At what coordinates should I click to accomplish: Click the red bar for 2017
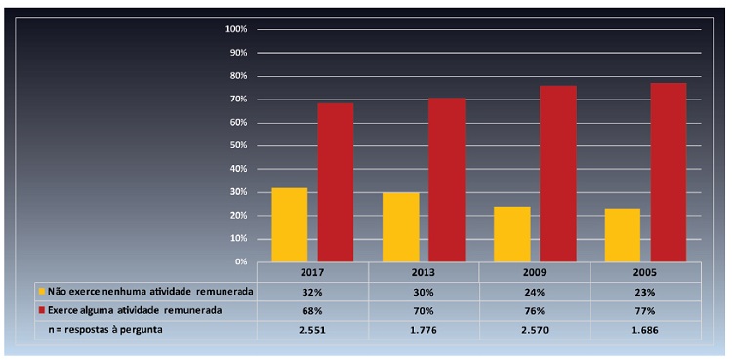click(x=336, y=182)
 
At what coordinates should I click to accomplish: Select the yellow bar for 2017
click(x=290, y=224)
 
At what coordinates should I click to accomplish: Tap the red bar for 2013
click(x=447, y=180)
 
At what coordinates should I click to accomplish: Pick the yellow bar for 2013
click(x=401, y=226)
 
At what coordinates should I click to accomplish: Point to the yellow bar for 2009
click(x=512, y=234)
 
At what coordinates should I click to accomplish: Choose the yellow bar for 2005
click(x=623, y=235)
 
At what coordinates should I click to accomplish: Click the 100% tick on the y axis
click(x=237, y=29)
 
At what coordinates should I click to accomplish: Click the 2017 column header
click(x=312, y=272)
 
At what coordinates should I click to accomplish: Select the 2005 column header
click(x=645, y=272)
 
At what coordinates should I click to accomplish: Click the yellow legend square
click(x=41, y=291)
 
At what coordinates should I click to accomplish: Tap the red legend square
click(x=41, y=310)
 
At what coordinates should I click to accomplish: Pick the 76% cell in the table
click(x=535, y=310)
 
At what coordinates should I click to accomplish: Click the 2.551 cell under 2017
click(x=312, y=330)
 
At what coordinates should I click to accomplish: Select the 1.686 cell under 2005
click(x=645, y=330)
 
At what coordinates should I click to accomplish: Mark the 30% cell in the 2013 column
click(x=424, y=291)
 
